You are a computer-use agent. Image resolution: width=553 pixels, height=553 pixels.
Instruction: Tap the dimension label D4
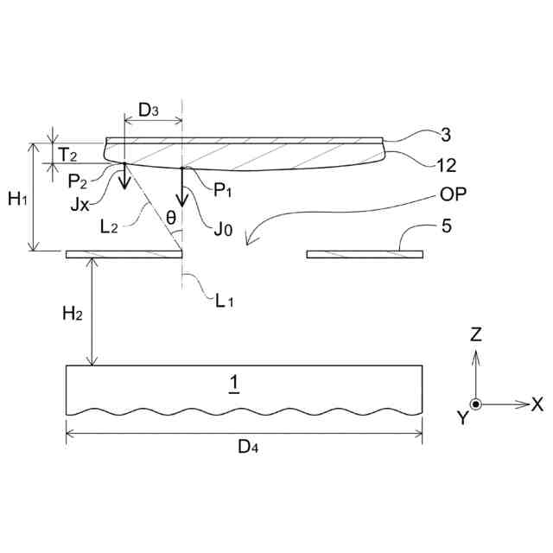[x=245, y=447]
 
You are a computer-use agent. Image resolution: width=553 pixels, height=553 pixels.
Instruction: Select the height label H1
[x=16, y=200]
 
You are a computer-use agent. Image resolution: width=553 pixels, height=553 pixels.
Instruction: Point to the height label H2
[x=72, y=313]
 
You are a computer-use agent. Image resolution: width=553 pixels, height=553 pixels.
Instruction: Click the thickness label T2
[x=67, y=154]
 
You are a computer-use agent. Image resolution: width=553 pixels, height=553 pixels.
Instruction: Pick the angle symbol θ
[x=171, y=218]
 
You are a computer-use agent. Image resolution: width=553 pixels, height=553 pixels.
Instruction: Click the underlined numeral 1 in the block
[x=233, y=381]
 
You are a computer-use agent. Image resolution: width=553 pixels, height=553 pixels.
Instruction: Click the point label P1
[x=220, y=188]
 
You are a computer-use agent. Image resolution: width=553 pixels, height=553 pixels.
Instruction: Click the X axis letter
[x=536, y=404]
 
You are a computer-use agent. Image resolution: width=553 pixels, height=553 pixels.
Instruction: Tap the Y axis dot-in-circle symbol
[x=475, y=404]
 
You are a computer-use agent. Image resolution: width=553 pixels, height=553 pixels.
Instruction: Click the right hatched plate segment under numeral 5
[x=365, y=254]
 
